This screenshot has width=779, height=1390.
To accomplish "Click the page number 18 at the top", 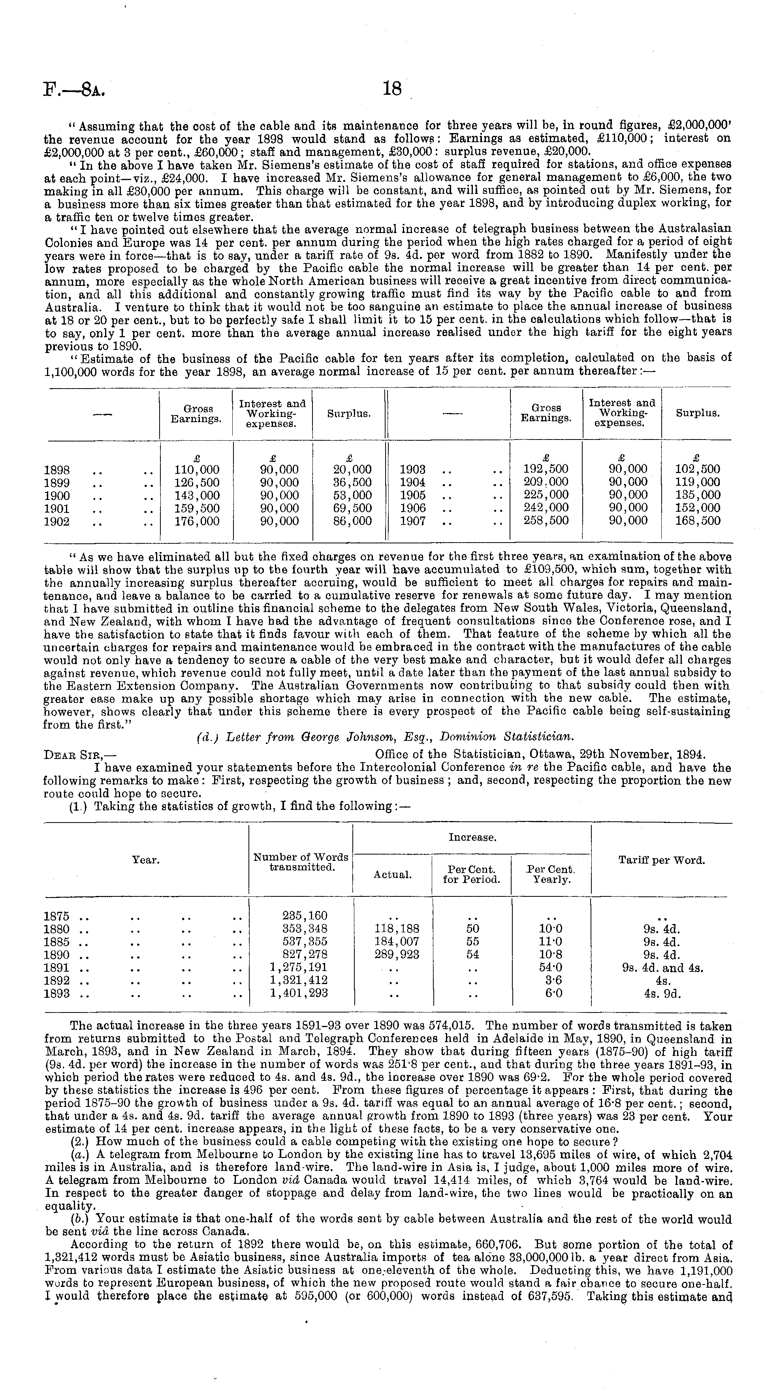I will pyautogui.click(x=392, y=89).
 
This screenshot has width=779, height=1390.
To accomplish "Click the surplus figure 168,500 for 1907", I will pyautogui.click(x=698, y=521).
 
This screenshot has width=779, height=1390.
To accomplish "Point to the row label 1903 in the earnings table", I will pyautogui.click(x=412, y=470).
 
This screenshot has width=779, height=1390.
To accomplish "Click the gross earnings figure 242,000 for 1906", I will pyautogui.click(x=546, y=508).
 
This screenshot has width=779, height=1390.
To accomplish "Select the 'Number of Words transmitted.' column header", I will pyautogui.click(x=301, y=862).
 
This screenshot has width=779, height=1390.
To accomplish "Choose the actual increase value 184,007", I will pyautogui.click(x=396, y=941).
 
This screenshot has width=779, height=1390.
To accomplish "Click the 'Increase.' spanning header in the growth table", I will pyautogui.click(x=472, y=838).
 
